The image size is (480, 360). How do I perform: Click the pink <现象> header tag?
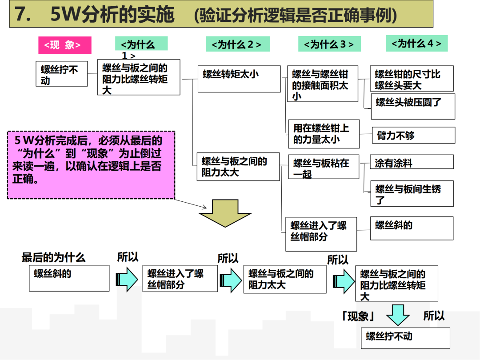[x=64, y=45]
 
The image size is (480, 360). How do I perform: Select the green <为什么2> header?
[x=238, y=44]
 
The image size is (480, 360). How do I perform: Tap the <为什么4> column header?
[x=416, y=43]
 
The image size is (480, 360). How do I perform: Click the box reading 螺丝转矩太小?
[x=239, y=79]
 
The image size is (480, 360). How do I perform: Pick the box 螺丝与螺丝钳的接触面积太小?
[x=322, y=84]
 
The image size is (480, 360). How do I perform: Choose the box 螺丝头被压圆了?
[x=412, y=106]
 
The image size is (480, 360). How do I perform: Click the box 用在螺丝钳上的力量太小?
[x=323, y=134]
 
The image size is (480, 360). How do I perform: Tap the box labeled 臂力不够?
[x=413, y=135]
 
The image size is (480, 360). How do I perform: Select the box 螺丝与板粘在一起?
[x=323, y=167]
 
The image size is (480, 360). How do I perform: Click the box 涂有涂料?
[x=412, y=162]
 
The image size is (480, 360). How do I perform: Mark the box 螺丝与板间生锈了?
[x=412, y=193]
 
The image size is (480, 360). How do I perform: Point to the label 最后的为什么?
[x=53, y=257]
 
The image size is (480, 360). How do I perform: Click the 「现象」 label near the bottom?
[x=358, y=316]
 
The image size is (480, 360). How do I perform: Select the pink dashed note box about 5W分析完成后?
[x=91, y=164]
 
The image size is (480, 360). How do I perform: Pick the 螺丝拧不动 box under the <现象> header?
[x=61, y=74]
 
